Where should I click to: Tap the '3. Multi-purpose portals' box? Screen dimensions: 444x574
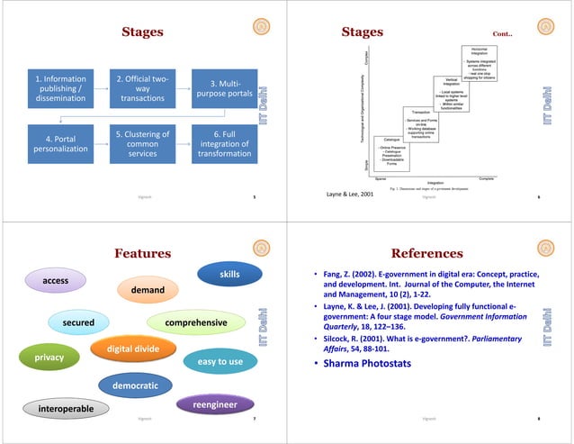click(x=224, y=88)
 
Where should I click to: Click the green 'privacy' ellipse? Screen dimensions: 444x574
click(x=49, y=358)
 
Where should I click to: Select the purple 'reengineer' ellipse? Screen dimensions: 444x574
click(x=215, y=406)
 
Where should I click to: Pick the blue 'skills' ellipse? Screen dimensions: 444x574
click(x=229, y=272)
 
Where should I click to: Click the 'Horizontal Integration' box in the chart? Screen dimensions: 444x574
click(x=479, y=51)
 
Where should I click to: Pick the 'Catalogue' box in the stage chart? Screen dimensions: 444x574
click(x=391, y=140)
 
